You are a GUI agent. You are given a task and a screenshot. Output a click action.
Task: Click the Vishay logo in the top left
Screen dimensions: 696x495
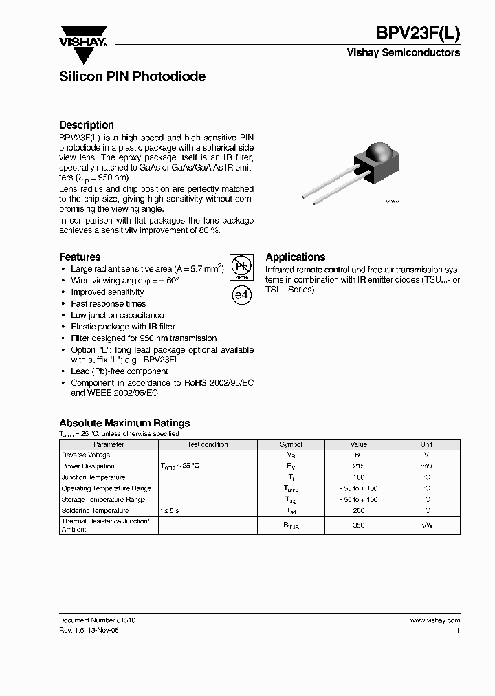click(82, 37)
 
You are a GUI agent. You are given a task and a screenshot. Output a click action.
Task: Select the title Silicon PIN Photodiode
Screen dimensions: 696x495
click(132, 77)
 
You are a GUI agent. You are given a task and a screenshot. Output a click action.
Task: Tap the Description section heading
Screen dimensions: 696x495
click(87, 125)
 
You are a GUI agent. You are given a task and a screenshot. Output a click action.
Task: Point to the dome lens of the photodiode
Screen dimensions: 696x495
click(380, 153)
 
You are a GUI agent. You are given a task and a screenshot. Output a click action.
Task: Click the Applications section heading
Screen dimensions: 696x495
click(296, 257)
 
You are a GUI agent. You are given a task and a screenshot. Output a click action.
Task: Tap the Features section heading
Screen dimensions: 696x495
click(80, 257)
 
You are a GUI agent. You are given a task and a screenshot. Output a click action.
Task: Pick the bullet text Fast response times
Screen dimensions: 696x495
click(109, 303)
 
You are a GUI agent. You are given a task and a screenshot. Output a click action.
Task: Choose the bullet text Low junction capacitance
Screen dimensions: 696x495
click(118, 315)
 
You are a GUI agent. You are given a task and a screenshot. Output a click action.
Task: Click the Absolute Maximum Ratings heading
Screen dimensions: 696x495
click(124, 423)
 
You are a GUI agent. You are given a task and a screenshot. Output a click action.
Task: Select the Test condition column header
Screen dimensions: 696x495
click(208, 444)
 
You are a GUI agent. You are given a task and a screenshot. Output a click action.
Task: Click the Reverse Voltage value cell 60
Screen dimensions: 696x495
click(358, 455)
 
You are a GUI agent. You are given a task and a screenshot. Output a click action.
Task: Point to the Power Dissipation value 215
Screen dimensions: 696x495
click(358, 466)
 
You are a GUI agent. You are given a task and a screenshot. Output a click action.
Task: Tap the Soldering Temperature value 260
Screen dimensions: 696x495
click(358, 511)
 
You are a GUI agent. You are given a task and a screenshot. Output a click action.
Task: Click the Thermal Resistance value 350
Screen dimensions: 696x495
click(358, 525)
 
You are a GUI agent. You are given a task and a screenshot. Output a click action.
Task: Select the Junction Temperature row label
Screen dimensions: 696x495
click(93, 477)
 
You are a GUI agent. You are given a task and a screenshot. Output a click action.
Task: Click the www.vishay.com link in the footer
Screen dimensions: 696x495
click(434, 620)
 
